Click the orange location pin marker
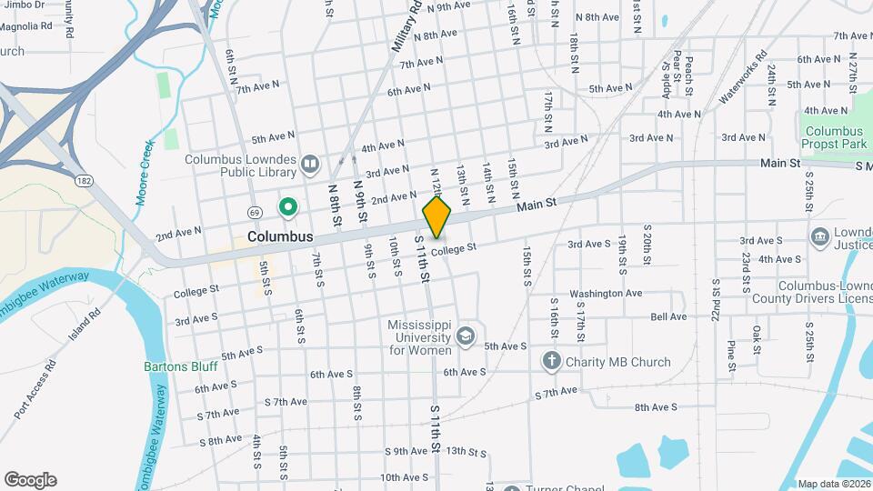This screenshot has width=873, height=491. (437, 216)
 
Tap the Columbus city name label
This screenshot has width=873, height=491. (280, 236)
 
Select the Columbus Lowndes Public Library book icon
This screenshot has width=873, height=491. (310, 164)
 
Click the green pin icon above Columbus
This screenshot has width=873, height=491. (288, 208)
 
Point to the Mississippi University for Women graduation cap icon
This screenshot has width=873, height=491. (467, 336)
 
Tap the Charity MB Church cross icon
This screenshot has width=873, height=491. (551, 362)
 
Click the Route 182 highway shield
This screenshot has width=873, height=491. (85, 181)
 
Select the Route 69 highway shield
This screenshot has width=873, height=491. (256, 212)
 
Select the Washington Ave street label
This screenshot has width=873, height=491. (607, 294)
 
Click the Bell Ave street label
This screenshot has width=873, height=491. (668, 316)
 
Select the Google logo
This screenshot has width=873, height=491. (30, 479)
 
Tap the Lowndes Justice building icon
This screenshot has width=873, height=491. (819, 236)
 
